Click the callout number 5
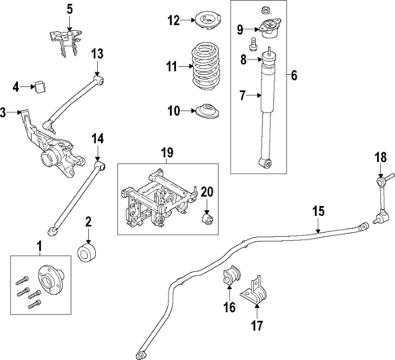[70, 9]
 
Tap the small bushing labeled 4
[38, 85]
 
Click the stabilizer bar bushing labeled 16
[230, 276]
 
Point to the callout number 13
[97, 54]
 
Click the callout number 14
[97, 138]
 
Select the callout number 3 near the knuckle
[4, 112]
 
